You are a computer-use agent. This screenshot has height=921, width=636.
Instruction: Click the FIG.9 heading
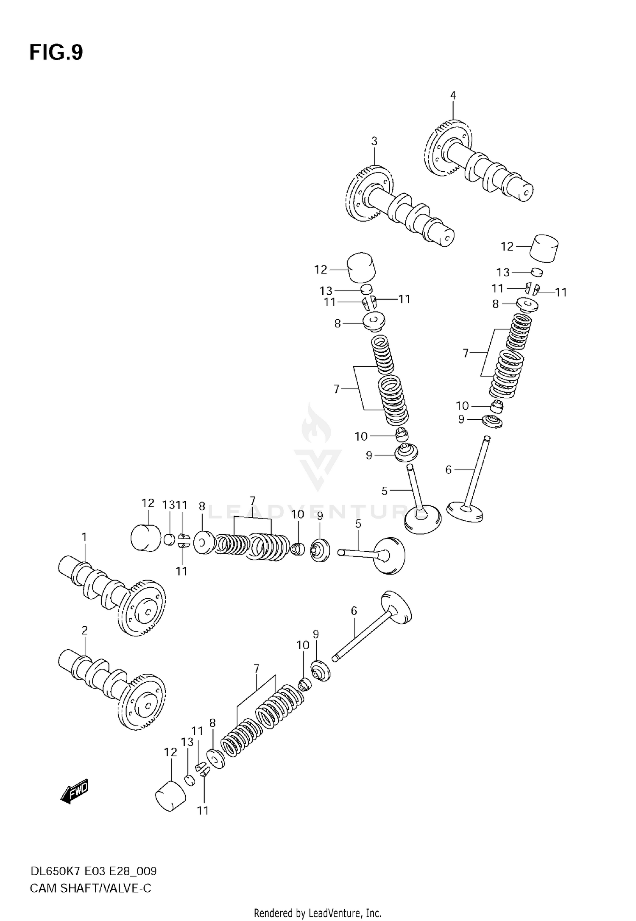(56, 53)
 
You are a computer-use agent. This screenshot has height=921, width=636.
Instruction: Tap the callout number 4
(453, 95)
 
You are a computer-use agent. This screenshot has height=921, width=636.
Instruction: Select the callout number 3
(374, 141)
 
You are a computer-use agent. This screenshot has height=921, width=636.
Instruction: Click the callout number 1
(84, 537)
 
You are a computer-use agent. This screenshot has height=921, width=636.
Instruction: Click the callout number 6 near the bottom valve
(354, 611)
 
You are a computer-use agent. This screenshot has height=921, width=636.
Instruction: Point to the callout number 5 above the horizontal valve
(358, 524)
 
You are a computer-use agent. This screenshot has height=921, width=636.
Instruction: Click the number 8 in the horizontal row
(202, 506)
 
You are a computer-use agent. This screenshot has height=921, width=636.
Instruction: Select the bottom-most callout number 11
(203, 810)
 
